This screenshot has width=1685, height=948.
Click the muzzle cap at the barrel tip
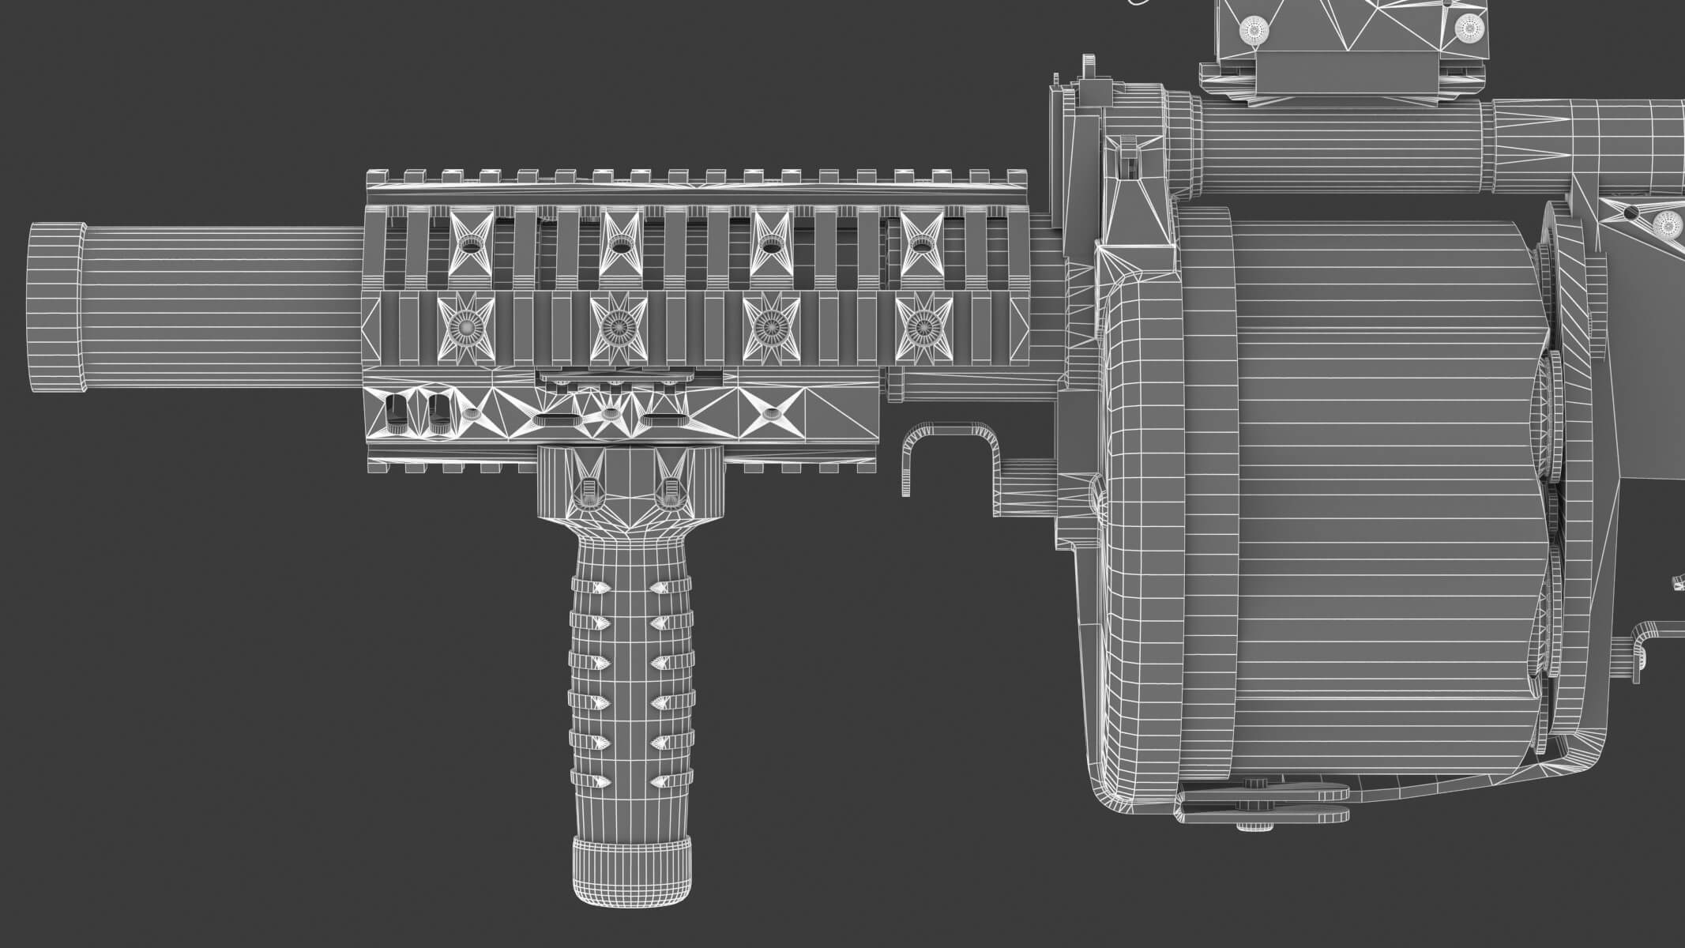pos(56,308)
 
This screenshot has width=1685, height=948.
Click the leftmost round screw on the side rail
pos(465,325)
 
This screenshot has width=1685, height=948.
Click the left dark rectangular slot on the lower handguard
pos(395,410)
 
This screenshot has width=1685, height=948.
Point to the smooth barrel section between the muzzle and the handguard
pos(221,308)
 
